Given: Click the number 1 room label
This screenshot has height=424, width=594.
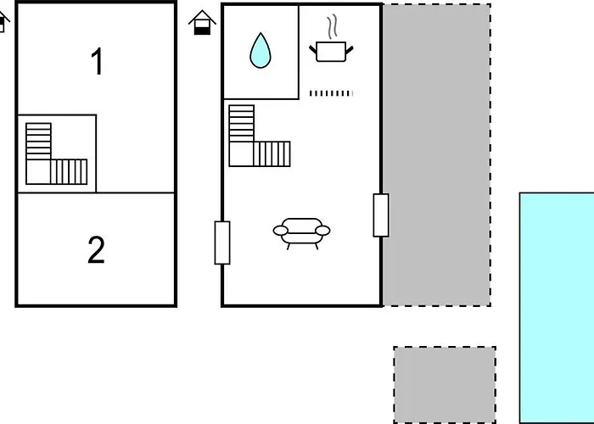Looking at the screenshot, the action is (98, 61).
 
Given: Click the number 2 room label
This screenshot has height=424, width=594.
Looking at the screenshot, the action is (96, 249).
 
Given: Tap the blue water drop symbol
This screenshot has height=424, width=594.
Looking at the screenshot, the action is (261, 51).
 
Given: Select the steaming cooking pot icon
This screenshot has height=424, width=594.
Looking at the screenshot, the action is (331, 38).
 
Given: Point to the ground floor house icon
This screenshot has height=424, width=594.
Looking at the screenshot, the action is (202, 22).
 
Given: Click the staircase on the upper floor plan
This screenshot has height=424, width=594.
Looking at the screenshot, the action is (57, 153).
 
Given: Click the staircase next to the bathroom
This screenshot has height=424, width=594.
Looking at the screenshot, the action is (260, 136).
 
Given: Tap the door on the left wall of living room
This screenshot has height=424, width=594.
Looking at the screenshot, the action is (222, 243).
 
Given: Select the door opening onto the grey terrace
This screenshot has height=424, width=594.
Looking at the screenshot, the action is (381, 215).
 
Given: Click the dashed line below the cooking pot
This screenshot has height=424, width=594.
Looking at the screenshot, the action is (331, 93).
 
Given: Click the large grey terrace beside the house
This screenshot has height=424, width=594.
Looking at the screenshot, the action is (437, 155).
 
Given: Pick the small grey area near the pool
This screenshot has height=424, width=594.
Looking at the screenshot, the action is (445, 385).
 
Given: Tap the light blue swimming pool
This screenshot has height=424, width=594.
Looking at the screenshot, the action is (557, 308).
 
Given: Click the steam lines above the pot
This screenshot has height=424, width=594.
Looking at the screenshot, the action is (333, 26).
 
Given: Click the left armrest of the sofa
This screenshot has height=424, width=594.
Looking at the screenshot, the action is (280, 231).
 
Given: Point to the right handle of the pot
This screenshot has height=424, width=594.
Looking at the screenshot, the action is (350, 50).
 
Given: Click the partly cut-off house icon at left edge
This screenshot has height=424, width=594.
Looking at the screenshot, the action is (3, 22).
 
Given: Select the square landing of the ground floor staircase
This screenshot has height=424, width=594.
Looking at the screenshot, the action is (241, 154).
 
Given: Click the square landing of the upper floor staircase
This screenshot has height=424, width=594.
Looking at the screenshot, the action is (38, 172).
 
